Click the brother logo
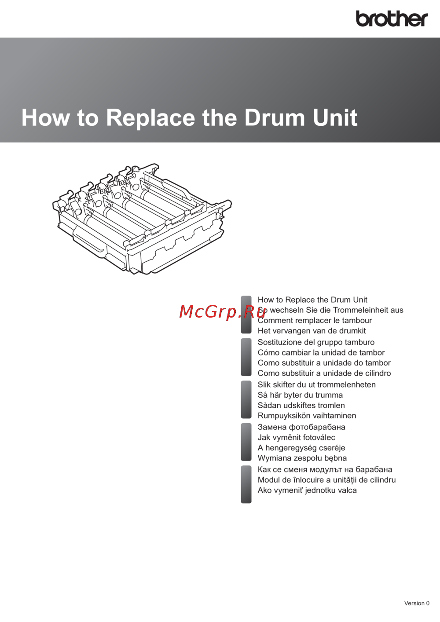click(x=392, y=18)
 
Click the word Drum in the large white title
click(x=275, y=117)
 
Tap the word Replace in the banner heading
click(x=150, y=118)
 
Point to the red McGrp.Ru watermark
click(x=223, y=311)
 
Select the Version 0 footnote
click(x=417, y=603)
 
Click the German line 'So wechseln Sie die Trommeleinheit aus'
click(x=330, y=310)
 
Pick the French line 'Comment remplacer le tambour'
click(x=315, y=320)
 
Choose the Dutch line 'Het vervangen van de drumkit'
click(x=312, y=331)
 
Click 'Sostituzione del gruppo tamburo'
click(x=316, y=342)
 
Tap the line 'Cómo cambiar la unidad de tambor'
click(x=321, y=352)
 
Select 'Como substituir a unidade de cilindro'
click(x=324, y=373)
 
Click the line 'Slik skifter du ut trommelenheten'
click(x=317, y=384)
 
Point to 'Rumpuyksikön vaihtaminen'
click(x=307, y=416)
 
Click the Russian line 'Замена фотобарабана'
click(x=301, y=427)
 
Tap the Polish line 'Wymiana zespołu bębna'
click(x=302, y=458)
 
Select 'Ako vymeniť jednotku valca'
click(x=307, y=490)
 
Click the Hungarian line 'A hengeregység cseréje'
click(x=301, y=448)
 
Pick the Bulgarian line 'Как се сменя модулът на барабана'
click(x=325, y=469)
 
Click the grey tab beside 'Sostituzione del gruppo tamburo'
click(x=246, y=357)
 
